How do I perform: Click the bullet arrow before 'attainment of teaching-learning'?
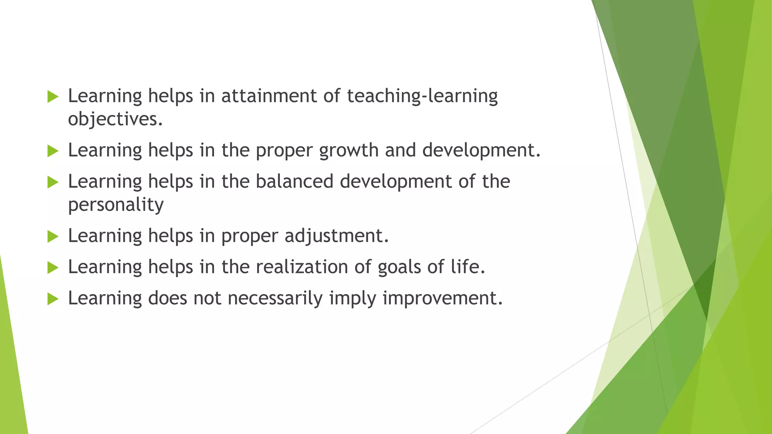pyautogui.click(x=53, y=97)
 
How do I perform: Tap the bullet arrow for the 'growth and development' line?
pyautogui.click(x=53, y=151)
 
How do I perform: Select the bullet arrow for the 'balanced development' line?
pyautogui.click(x=53, y=183)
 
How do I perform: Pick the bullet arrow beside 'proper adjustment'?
pyautogui.click(x=53, y=237)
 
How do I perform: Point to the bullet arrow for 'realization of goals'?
pyautogui.click(x=53, y=268)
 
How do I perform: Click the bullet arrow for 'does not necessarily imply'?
pyautogui.click(x=53, y=300)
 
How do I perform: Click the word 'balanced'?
pyautogui.click(x=294, y=182)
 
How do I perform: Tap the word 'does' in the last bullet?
pyautogui.click(x=167, y=298)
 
